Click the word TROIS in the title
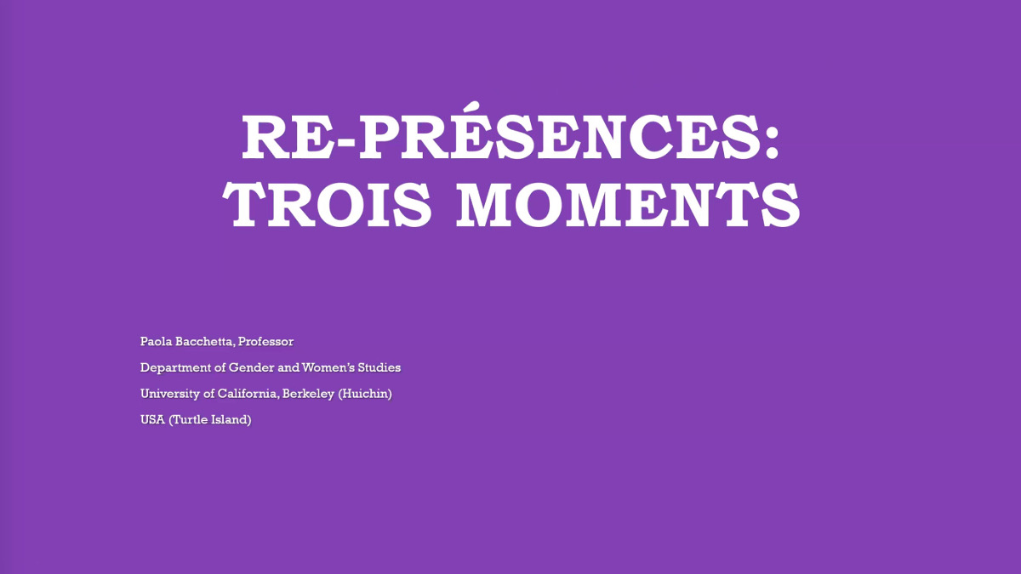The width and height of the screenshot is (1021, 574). (327, 205)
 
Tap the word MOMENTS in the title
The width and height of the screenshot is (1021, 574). (628, 205)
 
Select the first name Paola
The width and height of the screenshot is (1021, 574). (156, 342)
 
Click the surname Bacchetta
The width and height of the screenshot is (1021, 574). (206, 342)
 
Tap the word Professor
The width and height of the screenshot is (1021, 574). (265, 342)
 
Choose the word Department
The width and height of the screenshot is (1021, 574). (176, 367)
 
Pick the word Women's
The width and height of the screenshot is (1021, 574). (328, 367)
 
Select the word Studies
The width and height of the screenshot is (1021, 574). (379, 367)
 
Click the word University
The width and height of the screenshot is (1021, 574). (169, 394)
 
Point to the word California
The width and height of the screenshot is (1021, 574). (248, 394)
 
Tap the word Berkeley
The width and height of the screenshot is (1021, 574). (308, 394)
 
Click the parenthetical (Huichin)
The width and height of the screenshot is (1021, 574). (365, 394)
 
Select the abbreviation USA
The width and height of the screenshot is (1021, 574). (152, 419)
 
